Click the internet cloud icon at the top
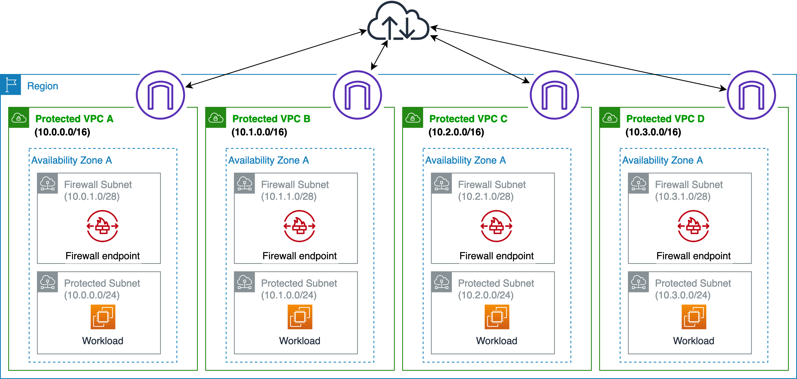pos(398,22)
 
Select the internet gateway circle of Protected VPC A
pos(160,95)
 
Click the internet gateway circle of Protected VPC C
pos(554,95)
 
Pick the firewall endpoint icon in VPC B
pos(300,226)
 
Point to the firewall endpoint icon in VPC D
pos(693,226)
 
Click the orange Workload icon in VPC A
pos(103,317)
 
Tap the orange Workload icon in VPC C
pos(497,317)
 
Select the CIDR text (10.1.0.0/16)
pos(259,132)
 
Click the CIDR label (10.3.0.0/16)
pos(653,132)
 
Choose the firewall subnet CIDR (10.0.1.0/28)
pos(92,196)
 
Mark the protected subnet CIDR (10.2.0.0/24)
pos(486,295)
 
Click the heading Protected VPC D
pos(665,119)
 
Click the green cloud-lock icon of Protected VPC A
pos(19,118)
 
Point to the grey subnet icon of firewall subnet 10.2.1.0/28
pos(442,183)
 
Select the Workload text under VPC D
pos(694,341)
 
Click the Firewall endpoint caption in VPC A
pos(103,256)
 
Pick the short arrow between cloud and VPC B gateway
pos(379,55)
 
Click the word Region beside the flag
pos(43,86)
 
